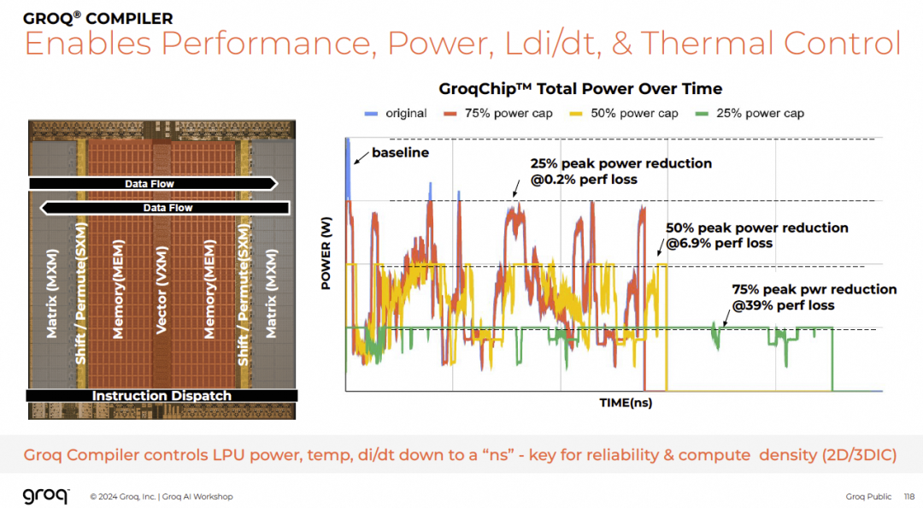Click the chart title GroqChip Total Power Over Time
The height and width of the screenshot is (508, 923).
(580, 89)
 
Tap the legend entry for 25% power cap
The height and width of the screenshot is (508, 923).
(752, 113)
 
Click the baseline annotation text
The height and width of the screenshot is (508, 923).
(401, 153)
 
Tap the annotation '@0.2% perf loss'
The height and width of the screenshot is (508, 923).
(583, 180)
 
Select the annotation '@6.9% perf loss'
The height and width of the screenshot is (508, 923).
(719, 244)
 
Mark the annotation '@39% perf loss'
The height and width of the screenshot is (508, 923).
(784, 305)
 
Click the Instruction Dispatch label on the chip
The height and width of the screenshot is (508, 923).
(161, 396)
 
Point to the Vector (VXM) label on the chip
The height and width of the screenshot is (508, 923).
(161, 290)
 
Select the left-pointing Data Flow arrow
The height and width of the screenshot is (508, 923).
(166, 208)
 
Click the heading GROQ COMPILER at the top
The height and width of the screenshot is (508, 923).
(98, 18)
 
